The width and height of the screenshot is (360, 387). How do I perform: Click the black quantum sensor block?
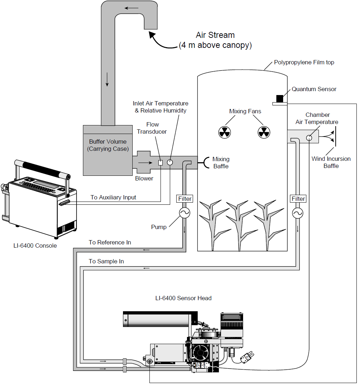280,99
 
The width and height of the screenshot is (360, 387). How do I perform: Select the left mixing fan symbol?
225,132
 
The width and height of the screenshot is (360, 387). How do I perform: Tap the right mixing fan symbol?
264,132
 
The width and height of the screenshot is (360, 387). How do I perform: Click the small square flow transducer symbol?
161,163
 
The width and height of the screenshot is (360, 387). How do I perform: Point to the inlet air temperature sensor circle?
170,162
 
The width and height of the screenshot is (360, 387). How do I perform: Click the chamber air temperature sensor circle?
309,138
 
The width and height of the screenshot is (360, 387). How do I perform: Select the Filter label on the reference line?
185,199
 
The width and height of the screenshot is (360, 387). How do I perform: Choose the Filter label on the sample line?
298,199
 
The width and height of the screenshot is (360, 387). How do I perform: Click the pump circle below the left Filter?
184,213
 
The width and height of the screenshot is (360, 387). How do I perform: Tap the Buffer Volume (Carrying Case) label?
108,145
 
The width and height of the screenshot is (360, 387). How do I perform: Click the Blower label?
144,178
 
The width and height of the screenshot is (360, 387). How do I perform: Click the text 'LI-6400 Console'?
35,245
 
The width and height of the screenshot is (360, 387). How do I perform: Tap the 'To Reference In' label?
110,242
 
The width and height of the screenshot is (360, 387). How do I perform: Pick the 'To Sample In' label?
106,261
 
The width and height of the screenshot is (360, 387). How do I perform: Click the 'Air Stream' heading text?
215,35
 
